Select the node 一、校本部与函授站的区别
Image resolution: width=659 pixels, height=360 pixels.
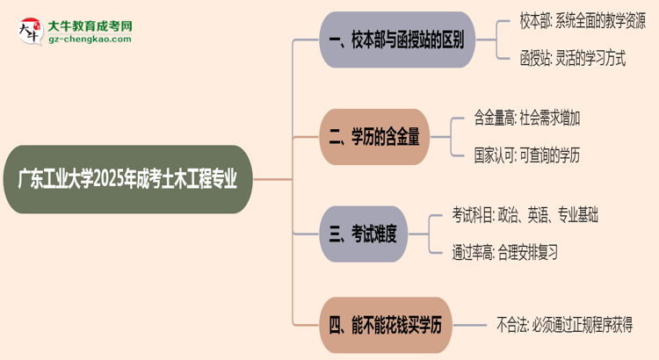(x=395, y=40)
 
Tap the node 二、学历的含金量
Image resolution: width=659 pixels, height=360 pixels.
(x=375, y=136)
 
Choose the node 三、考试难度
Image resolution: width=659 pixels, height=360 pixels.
(x=363, y=234)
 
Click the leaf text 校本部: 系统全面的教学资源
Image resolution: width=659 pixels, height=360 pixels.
(x=582, y=21)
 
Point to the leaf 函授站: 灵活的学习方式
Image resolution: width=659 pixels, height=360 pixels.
(x=572, y=60)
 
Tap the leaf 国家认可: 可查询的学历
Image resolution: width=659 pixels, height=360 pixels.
(x=526, y=155)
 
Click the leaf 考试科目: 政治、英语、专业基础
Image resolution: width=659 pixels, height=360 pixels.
(x=525, y=213)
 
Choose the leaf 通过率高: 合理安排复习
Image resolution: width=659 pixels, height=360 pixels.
(x=504, y=252)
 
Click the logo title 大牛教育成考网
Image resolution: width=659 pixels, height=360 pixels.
(x=89, y=25)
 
